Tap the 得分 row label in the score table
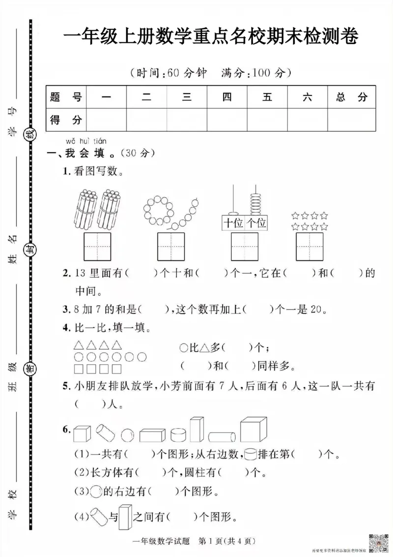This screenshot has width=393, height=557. tap(66, 119)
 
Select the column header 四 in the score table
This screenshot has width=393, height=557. tap(226, 97)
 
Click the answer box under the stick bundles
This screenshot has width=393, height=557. tap(98, 247)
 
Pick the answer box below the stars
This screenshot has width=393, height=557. tap(309, 247)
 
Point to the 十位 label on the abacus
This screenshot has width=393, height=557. tap(233, 223)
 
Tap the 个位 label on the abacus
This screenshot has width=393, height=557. tap(256, 223)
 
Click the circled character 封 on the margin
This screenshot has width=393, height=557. tap(30, 249)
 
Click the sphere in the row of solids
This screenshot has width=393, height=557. tap(127, 434)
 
